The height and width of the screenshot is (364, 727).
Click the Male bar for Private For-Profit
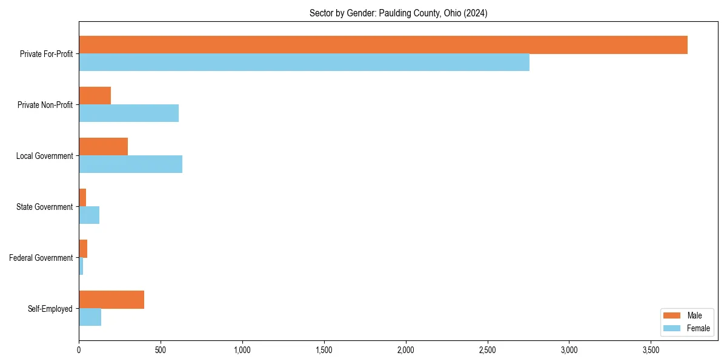tap(383, 45)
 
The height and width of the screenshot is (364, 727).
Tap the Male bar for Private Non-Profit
tap(95, 96)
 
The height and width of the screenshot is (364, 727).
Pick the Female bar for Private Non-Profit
tap(129, 113)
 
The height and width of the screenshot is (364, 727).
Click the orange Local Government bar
tap(104, 147)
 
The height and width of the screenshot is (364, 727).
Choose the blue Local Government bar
tap(131, 164)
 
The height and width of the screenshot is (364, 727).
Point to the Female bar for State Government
tap(89, 215)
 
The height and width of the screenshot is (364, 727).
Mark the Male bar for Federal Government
tap(83, 249)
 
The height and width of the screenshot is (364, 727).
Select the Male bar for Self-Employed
tap(111, 300)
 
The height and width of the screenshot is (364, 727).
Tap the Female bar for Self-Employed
tap(90, 317)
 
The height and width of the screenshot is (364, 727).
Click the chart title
tap(398, 13)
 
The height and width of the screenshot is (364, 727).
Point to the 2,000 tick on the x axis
tap(405, 350)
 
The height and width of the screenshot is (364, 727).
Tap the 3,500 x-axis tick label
tap(651, 350)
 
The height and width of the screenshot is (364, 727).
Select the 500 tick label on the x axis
tap(161, 350)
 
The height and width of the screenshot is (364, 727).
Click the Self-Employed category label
tap(50, 309)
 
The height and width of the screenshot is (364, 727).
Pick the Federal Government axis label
tap(41, 258)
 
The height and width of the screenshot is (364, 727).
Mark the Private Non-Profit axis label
tap(46, 105)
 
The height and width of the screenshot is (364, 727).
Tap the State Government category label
tap(44, 207)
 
